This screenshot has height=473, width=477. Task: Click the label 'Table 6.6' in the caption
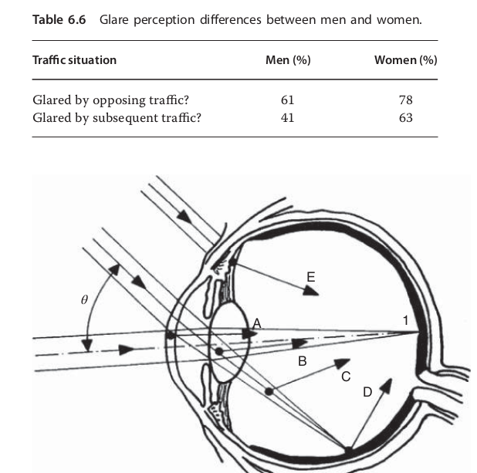coord(59,20)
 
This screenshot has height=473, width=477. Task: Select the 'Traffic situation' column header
coord(75,60)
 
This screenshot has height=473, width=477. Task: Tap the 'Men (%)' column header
coord(288,60)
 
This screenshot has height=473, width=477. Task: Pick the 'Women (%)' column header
coord(406,60)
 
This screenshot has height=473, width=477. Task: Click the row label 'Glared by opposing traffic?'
coord(110,100)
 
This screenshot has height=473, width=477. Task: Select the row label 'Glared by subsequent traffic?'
coord(117,118)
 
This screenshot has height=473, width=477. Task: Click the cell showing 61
coord(287,100)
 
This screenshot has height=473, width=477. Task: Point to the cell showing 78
coord(406,100)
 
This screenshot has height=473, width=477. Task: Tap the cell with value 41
coord(287,118)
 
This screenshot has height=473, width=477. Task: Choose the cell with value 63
coord(406,118)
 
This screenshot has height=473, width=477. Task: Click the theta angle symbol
coord(84,300)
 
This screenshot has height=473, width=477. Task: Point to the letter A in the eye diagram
coord(257,323)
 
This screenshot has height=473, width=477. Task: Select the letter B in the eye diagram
coord(303,361)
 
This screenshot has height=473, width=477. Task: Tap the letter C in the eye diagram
coord(346,377)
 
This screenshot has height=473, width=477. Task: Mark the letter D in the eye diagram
coord(367,392)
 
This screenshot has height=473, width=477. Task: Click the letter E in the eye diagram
coord(311,277)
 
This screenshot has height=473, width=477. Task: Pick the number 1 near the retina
coord(405,320)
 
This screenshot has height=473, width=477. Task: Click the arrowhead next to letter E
coord(311,292)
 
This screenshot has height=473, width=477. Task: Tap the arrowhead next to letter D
coord(386,386)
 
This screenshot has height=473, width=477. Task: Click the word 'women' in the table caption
coord(399,20)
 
